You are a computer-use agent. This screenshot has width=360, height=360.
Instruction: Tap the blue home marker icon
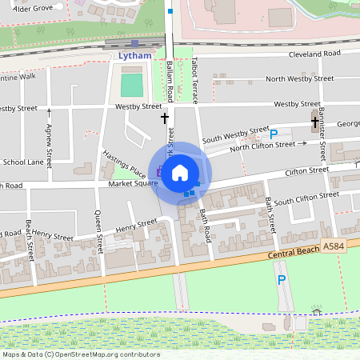coord(180,172)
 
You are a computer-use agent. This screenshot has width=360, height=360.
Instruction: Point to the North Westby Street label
coord(300,78)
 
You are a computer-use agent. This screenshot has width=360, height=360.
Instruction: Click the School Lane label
coord(22,162)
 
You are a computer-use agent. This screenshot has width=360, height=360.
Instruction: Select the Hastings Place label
coord(124,162)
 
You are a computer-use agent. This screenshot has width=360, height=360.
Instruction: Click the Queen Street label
coord(98,232)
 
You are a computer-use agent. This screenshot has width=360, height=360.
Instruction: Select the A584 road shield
coord(334,247)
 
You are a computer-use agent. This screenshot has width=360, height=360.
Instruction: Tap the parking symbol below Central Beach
coord(281,280)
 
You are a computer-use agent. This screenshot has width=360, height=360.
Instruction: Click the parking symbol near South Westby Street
coord(274,134)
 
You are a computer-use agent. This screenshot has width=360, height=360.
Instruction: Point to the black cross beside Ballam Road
coord(165,118)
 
